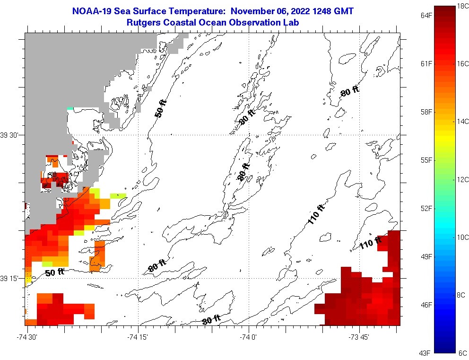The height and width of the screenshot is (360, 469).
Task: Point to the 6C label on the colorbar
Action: (462, 353)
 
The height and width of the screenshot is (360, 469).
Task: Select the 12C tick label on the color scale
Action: (463, 179)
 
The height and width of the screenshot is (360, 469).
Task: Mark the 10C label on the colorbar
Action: (463, 237)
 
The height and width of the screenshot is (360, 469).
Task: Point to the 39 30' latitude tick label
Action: (10, 135)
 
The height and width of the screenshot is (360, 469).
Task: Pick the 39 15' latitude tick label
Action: (10, 278)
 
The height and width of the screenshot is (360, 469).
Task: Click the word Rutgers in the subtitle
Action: (142, 22)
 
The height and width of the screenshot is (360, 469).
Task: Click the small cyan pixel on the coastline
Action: (70, 108)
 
